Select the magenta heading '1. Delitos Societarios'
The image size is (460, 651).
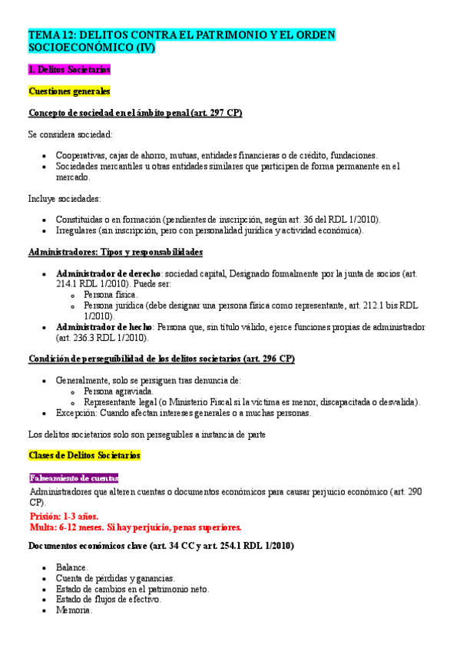70,69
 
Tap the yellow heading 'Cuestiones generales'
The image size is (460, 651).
69,91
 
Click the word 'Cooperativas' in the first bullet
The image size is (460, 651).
81,155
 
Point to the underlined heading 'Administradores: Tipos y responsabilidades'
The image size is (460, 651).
115,252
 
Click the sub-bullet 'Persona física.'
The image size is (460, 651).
111,295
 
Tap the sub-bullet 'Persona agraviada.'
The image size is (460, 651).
118,391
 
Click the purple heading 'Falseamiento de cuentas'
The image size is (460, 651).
74,478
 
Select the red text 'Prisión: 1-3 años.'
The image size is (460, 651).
64,516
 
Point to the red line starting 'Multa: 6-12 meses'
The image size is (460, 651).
135,527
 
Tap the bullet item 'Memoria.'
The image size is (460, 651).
74,610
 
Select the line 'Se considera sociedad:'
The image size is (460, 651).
70,134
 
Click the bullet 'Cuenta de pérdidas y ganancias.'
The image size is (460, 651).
115,578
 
